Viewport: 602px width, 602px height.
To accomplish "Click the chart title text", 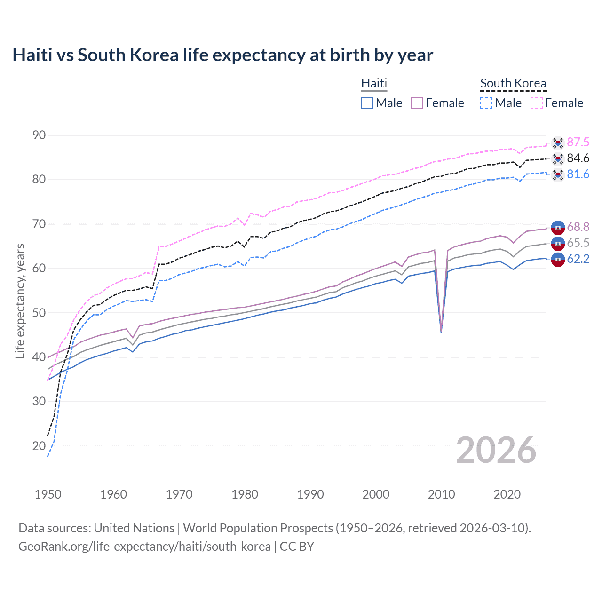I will pos(222,55).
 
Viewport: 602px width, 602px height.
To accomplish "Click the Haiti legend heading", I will pos(374,83).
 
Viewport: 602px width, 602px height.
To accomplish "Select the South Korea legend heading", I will pos(513,83).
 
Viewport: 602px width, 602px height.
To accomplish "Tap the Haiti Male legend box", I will pos(367,103).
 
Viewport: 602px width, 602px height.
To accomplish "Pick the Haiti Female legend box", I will pos(418,103).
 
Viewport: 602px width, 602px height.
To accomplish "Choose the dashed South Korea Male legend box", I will pos(486,103).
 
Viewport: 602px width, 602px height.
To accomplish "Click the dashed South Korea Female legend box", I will pos(537,103).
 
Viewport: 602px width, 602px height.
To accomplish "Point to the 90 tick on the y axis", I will pos(39,135).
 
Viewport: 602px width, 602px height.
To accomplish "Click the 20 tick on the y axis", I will pos(39,446).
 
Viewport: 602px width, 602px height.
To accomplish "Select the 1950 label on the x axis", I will pos(48,494).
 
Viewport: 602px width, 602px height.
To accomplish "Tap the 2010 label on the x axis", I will pos(441,494).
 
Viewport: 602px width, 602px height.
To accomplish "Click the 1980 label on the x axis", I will pos(245,494).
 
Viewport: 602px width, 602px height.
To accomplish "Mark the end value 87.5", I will pos(578,142).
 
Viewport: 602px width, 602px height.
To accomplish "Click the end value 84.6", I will pos(578,158).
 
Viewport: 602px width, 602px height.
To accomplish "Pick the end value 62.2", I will pos(578,259).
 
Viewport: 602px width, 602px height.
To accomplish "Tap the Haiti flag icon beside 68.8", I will pos(558,227).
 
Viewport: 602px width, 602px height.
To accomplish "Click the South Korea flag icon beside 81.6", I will pos(558,174).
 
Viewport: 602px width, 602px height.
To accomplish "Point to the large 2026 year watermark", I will pos(496,450).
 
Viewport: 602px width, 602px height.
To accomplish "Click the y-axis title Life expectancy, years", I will pos(20,301).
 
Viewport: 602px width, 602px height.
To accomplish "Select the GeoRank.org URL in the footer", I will pos(144,547).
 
